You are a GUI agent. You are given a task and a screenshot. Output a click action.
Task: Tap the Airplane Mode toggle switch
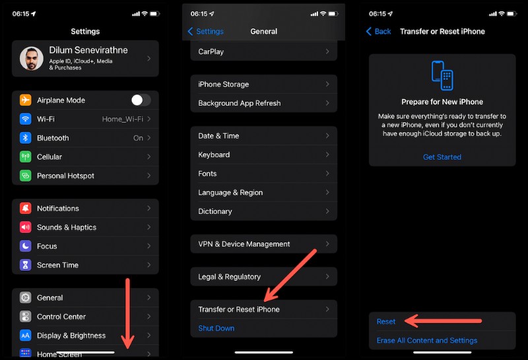click(x=141, y=100)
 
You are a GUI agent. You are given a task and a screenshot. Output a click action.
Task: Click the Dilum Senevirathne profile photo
click(x=31, y=58)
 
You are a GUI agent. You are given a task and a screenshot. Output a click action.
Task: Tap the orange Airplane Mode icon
click(x=26, y=100)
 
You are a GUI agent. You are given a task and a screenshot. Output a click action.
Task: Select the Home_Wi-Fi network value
click(x=123, y=119)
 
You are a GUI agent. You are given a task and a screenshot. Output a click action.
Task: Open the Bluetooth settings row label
click(x=53, y=138)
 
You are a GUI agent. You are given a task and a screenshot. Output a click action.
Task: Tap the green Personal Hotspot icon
click(x=26, y=176)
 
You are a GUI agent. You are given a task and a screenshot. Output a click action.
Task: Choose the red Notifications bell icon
click(x=26, y=208)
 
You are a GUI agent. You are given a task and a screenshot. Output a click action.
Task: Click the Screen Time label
click(x=57, y=265)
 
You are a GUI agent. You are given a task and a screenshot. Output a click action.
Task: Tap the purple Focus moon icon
click(x=26, y=246)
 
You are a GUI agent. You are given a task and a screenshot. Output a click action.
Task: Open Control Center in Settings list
click(x=61, y=316)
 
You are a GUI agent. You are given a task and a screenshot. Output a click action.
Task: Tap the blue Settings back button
click(x=206, y=31)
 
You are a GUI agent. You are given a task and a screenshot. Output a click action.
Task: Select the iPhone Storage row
click(x=224, y=85)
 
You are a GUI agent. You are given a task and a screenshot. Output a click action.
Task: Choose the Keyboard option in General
click(x=214, y=155)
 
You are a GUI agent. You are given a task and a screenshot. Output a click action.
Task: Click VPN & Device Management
click(x=244, y=244)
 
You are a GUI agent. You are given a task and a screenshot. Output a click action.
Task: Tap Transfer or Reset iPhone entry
click(x=239, y=309)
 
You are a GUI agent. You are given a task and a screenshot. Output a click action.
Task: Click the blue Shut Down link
click(x=216, y=328)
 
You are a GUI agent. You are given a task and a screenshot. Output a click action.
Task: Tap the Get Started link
click(x=442, y=157)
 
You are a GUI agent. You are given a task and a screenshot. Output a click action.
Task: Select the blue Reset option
click(x=386, y=322)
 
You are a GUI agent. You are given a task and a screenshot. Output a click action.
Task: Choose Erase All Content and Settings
click(x=427, y=341)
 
